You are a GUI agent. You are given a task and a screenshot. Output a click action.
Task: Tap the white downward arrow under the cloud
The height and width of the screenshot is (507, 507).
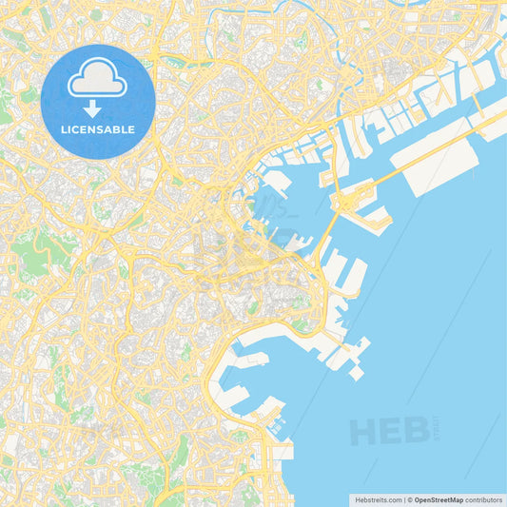92,107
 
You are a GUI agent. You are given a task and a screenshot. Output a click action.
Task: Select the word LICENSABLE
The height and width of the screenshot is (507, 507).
97,128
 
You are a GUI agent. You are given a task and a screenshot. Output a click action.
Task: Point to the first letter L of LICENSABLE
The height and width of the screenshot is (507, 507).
63,128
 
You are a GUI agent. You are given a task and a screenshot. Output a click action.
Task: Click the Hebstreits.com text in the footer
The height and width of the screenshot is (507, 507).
377,498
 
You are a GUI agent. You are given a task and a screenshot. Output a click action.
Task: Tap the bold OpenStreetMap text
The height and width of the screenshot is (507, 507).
439,498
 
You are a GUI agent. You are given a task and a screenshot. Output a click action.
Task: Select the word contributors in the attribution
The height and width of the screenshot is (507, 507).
483,498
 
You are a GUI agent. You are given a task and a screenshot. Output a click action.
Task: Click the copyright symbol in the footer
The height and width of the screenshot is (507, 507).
410,498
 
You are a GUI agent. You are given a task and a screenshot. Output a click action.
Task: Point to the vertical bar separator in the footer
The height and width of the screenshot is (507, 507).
403,498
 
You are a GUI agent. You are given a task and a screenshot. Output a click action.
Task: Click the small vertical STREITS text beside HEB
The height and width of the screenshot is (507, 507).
437,428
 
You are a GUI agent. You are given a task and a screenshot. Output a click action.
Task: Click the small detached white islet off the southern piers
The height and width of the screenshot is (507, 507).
356,373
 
